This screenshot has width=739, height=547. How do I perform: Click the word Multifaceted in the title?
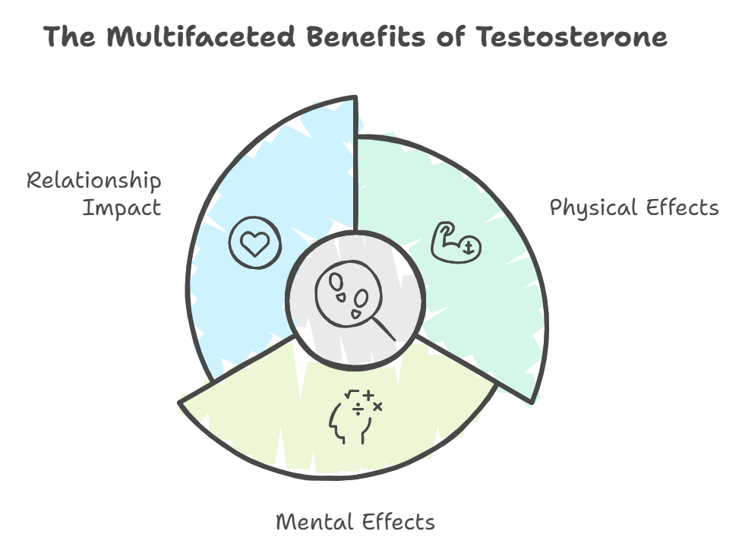(200, 36)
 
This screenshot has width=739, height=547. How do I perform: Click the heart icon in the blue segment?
(254, 243)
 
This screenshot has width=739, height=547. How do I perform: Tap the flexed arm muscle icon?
(454, 241)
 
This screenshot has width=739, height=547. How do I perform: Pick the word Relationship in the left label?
(94, 182)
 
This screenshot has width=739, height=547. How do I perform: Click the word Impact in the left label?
(122, 207)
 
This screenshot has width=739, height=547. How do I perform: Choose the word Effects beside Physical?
(681, 207)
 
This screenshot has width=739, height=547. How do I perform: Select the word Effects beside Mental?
(400, 522)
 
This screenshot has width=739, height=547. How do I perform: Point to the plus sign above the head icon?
(368, 395)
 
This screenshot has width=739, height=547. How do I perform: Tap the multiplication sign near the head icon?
(377, 407)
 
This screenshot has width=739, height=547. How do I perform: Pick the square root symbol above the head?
(352, 395)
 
